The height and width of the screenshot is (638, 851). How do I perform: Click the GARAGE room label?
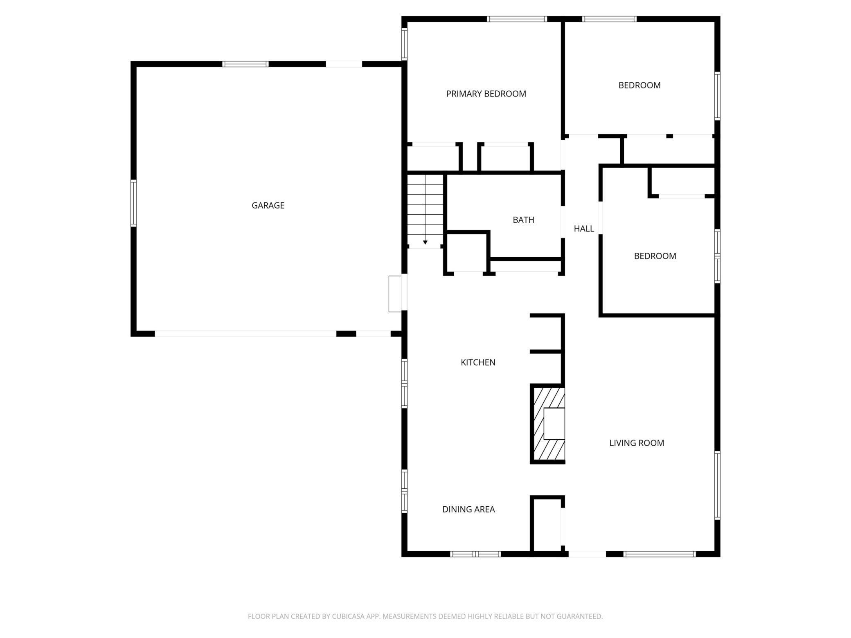(x=268, y=205)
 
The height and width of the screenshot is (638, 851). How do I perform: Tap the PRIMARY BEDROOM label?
(x=486, y=94)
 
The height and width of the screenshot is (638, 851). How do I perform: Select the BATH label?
(x=523, y=220)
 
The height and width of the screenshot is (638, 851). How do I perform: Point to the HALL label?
(x=583, y=229)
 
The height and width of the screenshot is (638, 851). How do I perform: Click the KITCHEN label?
(x=477, y=362)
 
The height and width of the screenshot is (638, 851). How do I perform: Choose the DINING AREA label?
(x=468, y=509)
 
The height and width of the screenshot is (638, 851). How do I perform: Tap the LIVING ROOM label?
(x=636, y=443)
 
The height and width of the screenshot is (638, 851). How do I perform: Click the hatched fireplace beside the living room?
(x=548, y=424)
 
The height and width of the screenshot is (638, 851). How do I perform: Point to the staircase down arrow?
(x=425, y=242)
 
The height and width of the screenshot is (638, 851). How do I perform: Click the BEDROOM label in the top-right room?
(x=639, y=85)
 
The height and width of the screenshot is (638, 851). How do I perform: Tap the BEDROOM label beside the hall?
(x=655, y=256)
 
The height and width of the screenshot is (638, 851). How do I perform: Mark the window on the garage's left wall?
(x=133, y=203)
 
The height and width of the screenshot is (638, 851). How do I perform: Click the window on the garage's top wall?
(x=245, y=64)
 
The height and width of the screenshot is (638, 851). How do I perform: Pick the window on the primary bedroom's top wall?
(x=517, y=19)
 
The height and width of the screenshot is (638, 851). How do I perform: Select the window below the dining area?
(x=475, y=554)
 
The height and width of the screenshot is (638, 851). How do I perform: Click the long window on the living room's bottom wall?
(x=659, y=554)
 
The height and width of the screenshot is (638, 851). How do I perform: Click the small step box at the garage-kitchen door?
(x=395, y=294)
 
